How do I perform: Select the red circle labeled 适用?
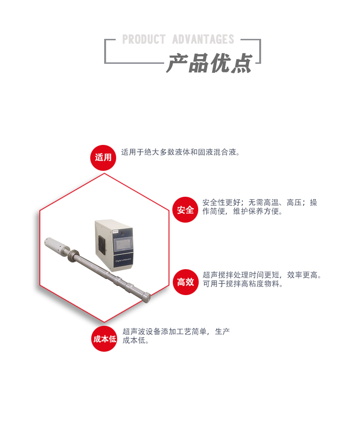pos(103,157)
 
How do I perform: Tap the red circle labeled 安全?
pos(185,210)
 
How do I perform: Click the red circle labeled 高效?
pos(185,282)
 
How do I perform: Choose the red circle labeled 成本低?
pos(104,339)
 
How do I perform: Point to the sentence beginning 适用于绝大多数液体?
pos(180,153)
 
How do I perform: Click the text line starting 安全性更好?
pos(260,202)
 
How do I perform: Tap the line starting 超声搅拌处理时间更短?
pos(262,275)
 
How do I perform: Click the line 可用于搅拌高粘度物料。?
pos(243,284)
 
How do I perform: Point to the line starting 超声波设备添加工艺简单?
pos(176,331)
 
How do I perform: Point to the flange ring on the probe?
pos(74,256)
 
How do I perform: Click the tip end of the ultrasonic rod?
pos(147,296)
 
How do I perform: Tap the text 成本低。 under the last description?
pos(136,341)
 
